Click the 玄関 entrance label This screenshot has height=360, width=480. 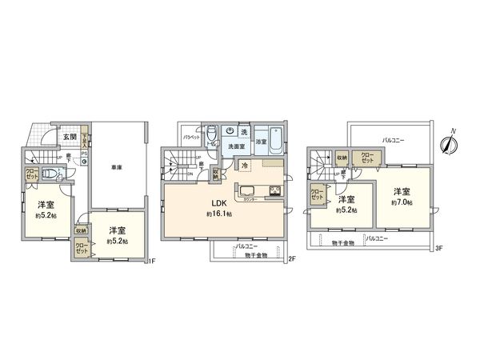pos(70,136)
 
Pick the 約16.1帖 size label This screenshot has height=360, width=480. pos(218,215)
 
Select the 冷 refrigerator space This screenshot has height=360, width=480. pos(245,166)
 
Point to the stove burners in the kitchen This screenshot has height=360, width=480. pos(274,190)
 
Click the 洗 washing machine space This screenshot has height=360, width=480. pos(246,132)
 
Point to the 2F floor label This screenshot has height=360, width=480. pos(292,259)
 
